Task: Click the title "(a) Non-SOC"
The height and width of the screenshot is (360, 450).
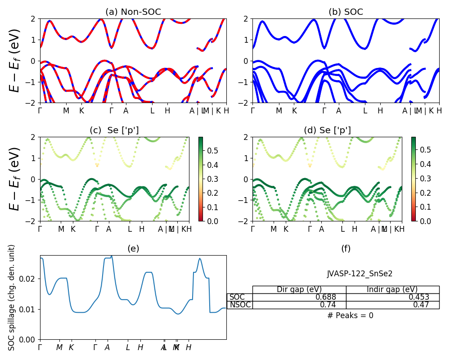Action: [x=133, y=12]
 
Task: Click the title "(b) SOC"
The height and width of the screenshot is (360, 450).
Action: [x=346, y=12]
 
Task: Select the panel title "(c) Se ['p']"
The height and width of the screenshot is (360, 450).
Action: [x=114, y=130]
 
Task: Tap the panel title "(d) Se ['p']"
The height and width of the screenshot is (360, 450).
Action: [x=327, y=130]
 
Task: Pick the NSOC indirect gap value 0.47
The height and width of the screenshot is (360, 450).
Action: [x=421, y=305]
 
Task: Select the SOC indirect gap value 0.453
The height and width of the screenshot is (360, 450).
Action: [x=418, y=297]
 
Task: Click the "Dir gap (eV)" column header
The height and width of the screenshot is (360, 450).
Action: [x=299, y=289]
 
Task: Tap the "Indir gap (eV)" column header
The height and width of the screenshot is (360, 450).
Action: [x=392, y=289]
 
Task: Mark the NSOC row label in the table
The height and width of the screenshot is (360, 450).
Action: [x=239, y=305]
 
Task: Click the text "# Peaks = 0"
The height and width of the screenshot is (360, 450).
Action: [x=350, y=315]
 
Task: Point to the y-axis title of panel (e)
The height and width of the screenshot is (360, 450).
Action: [x=12, y=297]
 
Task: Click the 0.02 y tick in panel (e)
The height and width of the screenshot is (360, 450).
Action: [x=30, y=279]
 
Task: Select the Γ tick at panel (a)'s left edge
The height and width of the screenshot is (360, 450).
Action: [x=40, y=111]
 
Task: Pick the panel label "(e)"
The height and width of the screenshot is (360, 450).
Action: [x=133, y=249]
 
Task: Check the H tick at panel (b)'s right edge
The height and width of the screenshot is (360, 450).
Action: [x=439, y=111]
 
